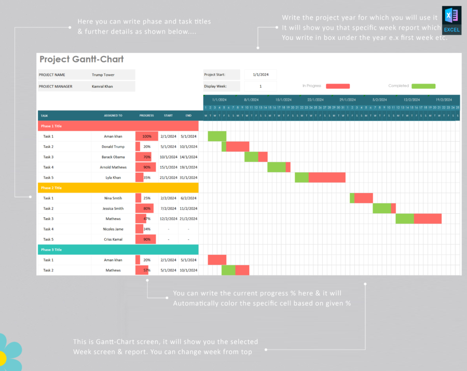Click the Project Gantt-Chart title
[81, 60]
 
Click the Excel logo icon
[451, 20]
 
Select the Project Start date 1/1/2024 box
[260, 75]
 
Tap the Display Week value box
[260, 86]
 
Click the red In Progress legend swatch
[338, 86]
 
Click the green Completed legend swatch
[423, 86]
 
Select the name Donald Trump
[113, 147]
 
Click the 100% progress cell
[147, 136]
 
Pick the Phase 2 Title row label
[51, 188]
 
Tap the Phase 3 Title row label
[51, 250]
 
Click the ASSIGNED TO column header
[113, 116]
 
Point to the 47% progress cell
[147, 219]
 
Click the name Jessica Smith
[113, 209]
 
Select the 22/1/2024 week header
[315, 100]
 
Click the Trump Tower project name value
[103, 75]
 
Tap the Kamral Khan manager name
[102, 87]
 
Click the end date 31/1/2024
[188, 177]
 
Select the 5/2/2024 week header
[379, 100]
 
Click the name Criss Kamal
[113, 239]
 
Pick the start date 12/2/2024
[168, 219]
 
